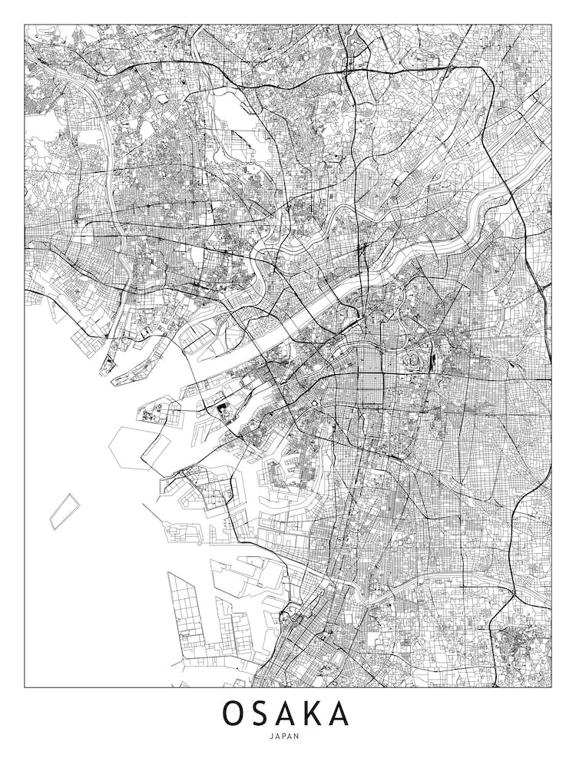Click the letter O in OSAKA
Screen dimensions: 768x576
235,713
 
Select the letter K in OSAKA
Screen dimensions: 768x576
313,713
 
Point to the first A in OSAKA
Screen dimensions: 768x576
287,713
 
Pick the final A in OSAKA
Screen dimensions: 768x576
339,713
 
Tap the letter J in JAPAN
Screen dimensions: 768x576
273,736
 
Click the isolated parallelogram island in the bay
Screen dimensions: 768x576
65,511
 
